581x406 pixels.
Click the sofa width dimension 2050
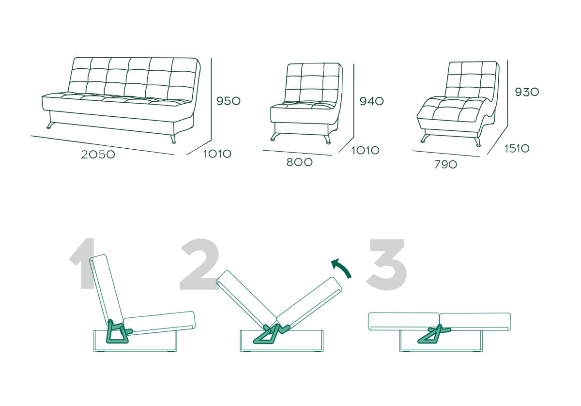[x=98, y=155]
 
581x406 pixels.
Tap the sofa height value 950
[x=229, y=101]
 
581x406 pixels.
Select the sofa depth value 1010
[x=217, y=154]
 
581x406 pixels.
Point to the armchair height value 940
[x=372, y=101]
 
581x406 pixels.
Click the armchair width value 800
[x=300, y=162]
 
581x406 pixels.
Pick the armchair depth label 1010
[x=366, y=150]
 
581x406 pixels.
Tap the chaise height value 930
[x=527, y=92]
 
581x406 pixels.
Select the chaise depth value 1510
[x=517, y=148]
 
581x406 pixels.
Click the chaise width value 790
[x=445, y=165]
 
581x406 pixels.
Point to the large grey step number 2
[x=199, y=264]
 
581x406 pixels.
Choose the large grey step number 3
[x=386, y=264]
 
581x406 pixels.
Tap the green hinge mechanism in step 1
[x=118, y=332]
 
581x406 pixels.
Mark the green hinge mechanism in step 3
[x=434, y=334]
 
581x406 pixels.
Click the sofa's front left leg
[x=50, y=125]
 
